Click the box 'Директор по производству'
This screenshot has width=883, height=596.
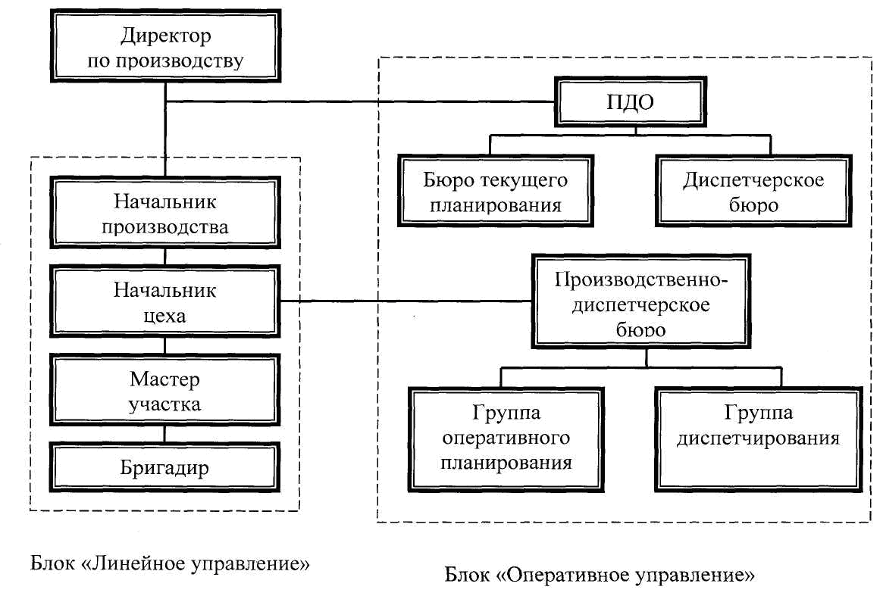[x=165, y=48]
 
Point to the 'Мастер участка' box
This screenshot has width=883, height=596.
[x=165, y=390]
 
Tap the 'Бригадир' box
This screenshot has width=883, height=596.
[x=165, y=467]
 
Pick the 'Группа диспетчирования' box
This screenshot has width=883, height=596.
[x=759, y=438]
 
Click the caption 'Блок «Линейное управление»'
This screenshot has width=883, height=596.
[x=171, y=564]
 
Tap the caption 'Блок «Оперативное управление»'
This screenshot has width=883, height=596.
[x=599, y=575]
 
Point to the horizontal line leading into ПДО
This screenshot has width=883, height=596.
[x=364, y=101]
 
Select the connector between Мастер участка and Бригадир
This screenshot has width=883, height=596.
[x=165, y=432]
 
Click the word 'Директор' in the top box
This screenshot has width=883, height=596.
[x=164, y=36]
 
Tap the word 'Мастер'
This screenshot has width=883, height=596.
[x=164, y=378]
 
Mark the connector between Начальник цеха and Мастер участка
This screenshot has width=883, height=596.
[x=165, y=345]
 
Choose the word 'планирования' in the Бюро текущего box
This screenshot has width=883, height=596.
[x=495, y=205]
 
